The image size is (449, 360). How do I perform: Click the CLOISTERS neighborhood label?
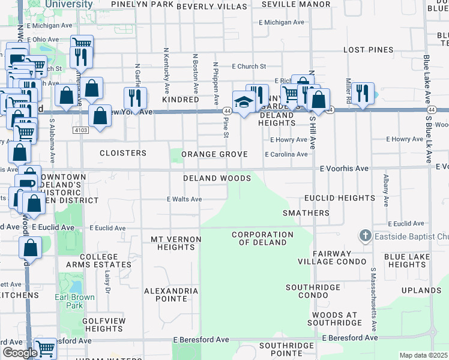[123, 153]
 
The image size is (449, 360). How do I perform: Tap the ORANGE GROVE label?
[214, 154]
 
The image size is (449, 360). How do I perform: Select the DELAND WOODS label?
[217, 178]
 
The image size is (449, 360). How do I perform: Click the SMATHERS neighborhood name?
[306, 213]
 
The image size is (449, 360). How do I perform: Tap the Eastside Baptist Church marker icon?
[365, 236]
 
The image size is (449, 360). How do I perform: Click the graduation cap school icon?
[243, 102]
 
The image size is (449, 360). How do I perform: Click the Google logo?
[19, 353]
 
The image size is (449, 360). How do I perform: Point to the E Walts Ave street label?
[184, 199]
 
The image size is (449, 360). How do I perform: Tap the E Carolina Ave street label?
[286, 154]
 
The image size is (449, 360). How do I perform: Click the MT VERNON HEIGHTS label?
[175, 243]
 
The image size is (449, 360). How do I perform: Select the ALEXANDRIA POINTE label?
[171, 295]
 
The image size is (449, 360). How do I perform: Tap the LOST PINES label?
[368, 50]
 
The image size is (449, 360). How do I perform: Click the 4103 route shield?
[81, 130]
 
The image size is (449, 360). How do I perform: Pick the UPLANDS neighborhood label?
[421, 290]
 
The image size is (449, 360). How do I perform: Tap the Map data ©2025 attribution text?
[423, 355]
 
